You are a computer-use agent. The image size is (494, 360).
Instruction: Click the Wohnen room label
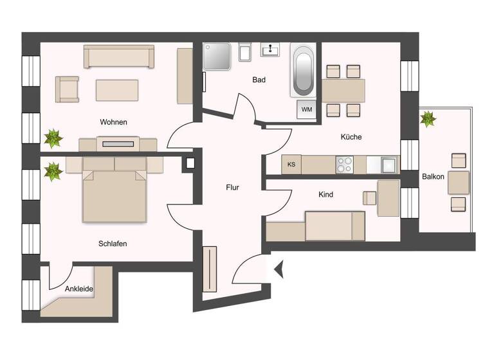coord(113,122)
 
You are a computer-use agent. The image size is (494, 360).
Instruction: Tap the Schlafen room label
coord(113,244)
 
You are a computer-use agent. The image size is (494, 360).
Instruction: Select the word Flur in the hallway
coord(232,188)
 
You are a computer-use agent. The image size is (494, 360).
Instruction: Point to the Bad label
coord(259,80)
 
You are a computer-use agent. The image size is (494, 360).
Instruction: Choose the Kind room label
coord(325,194)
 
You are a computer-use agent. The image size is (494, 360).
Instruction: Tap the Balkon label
coord(433,176)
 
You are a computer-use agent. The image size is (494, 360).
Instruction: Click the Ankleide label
coord(79,289)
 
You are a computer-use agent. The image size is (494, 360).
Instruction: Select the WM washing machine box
coord(307,109)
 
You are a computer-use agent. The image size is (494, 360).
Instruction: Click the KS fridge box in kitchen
coord(291,165)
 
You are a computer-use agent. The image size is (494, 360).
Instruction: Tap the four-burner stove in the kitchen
coord(344,165)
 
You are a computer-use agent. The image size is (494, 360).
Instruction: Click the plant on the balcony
coord(428,119)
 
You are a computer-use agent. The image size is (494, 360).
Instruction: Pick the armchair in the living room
coord(67,89)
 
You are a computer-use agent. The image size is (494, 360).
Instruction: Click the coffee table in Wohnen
coord(117,90)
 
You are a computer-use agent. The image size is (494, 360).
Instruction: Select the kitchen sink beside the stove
coord(388,165)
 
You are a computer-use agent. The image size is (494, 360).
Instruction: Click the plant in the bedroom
coord(53,171)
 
